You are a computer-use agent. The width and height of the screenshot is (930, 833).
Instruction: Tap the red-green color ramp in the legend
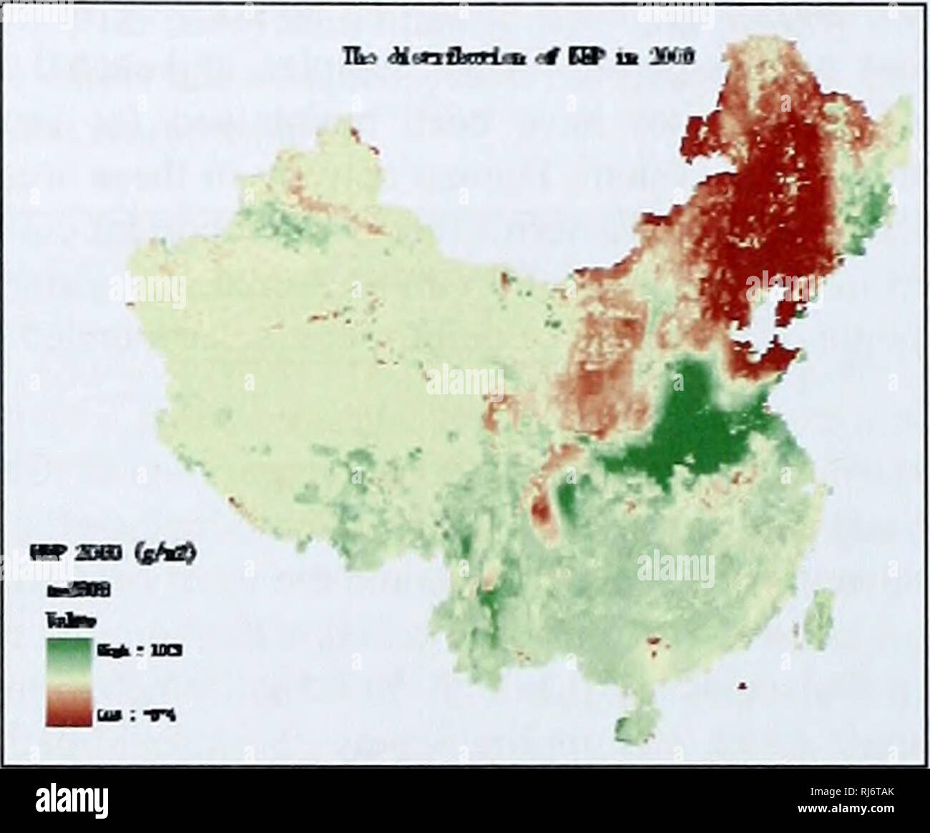tap(68, 683)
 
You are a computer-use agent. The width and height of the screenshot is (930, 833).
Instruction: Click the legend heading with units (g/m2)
tap(114, 555)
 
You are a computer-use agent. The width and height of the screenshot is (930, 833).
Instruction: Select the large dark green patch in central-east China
tap(687, 429)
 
